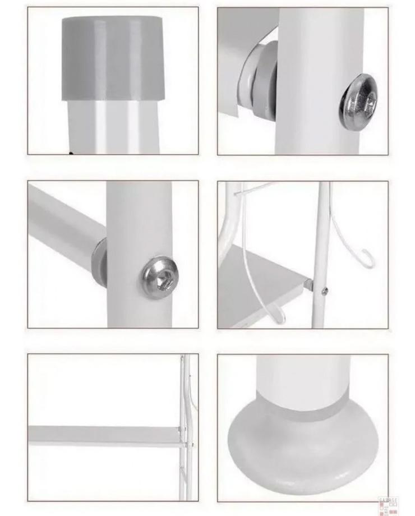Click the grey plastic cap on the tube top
pyautogui.click(x=112, y=56)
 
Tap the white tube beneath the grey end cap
pyautogui.click(x=112, y=126)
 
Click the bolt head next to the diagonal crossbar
pyautogui.click(x=158, y=277)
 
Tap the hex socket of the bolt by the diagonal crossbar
pyautogui.click(x=158, y=277)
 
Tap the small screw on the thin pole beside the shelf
pyautogui.click(x=324, y=291)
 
